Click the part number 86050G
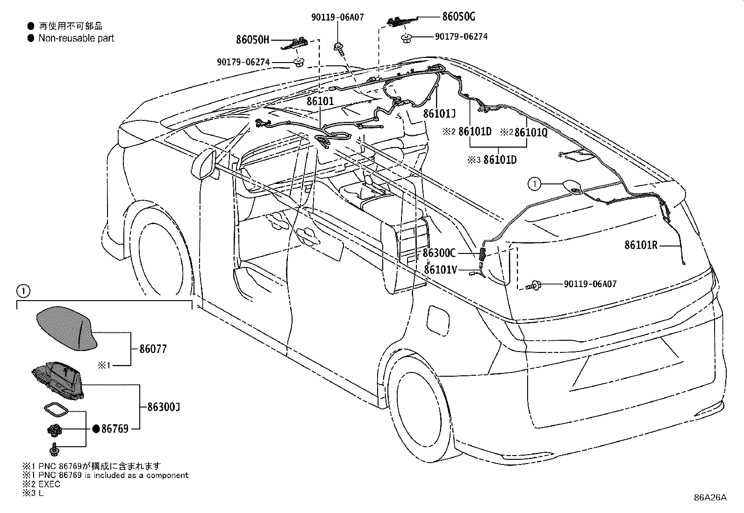458,17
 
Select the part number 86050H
252,40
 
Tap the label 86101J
439,114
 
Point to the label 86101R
641,245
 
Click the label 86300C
439,253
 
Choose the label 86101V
440,270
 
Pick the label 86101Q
531,133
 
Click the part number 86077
153,349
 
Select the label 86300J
164,407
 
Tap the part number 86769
115,429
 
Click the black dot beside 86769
96,429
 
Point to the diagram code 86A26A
710,498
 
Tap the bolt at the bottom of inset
53,450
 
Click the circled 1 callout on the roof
535,184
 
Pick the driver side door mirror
203,164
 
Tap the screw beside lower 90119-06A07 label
533,285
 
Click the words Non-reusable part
76,38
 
